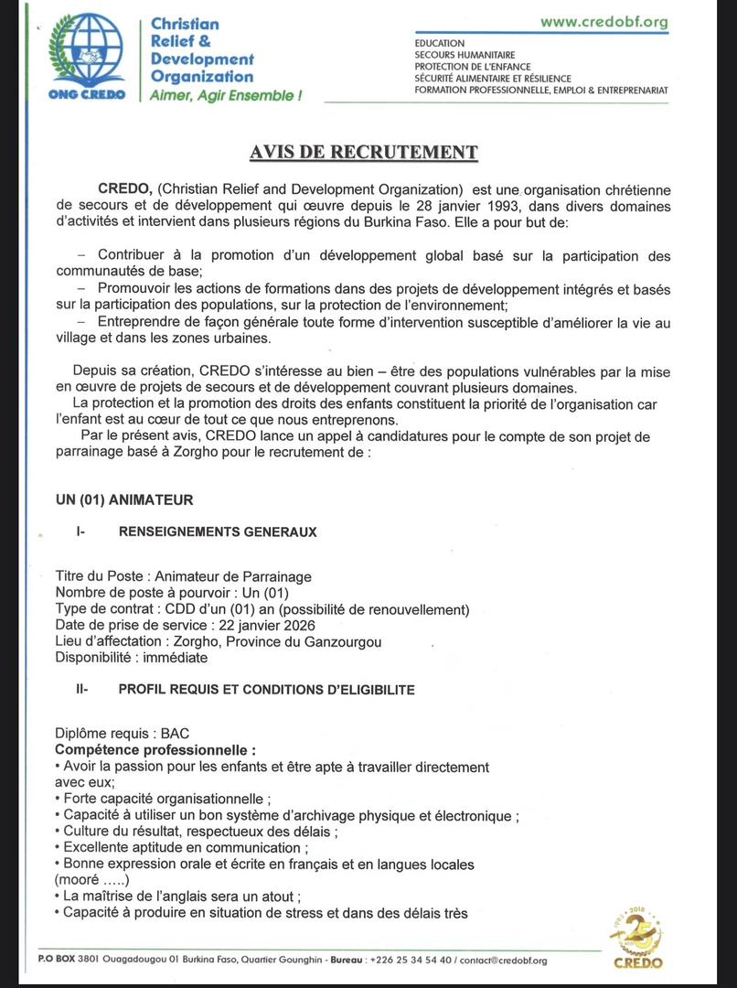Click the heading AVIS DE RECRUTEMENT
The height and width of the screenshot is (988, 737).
pyautogui.click(x=364, y=153)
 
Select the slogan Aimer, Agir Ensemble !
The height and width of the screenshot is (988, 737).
pyautogui.click(x=225, y=95)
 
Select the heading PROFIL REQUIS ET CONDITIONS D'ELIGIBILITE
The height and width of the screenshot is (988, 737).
pyautogui.click(x=266, y=690)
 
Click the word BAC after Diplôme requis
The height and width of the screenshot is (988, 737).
pyautogui.click(x=176, y=734)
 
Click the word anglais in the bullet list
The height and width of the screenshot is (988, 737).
pyautogui.click(x=164, y=897)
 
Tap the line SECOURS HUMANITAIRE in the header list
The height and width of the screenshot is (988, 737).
pyautogui.click(x=465, y=55)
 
